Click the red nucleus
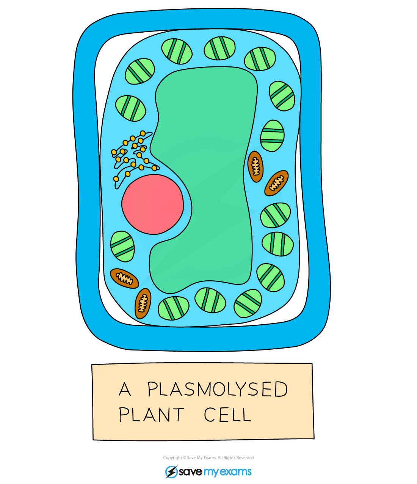152,204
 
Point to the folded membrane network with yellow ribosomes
133,157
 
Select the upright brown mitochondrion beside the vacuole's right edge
255,166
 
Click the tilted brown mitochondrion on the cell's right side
276,183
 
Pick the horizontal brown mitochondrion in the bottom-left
124,278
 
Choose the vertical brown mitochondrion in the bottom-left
143,303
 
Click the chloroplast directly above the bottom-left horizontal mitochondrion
122,246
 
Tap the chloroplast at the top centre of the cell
219,48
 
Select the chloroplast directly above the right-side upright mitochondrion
272,136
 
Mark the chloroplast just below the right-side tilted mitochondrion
275,215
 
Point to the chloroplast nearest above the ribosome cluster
130,108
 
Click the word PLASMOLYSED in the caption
217,389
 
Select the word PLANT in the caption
152,415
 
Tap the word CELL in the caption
227,415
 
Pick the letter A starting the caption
125,389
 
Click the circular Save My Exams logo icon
171,472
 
